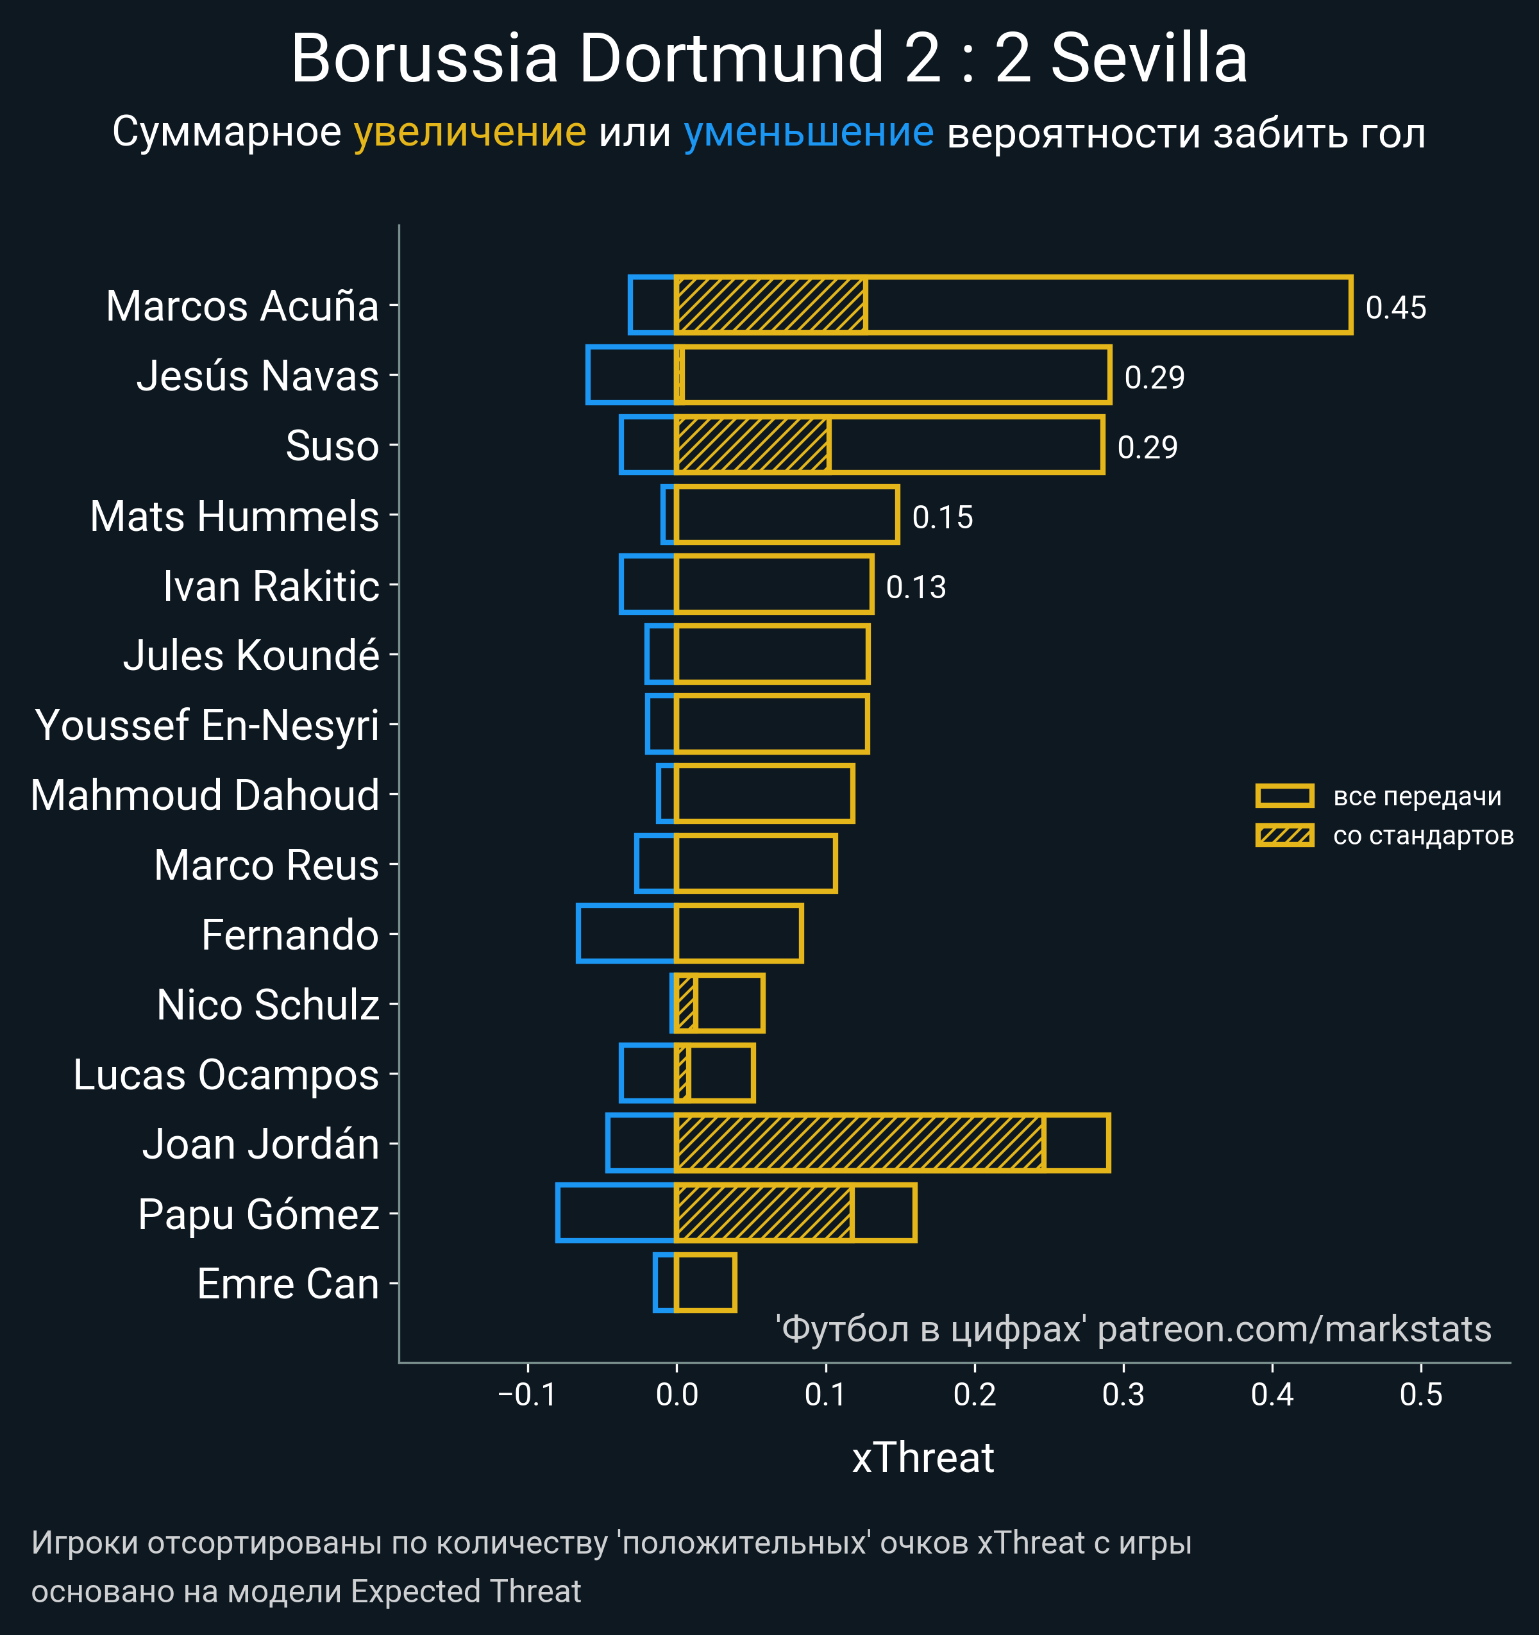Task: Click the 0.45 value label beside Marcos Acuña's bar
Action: click(1395, 308)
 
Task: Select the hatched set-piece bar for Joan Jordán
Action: click(859, 1143)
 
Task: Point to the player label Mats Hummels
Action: click(235, 517)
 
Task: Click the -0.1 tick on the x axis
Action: click(527, 1395)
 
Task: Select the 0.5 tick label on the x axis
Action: click(1420, 1395)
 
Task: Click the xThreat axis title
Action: click(923, 1458)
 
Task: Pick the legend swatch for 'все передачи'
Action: click(1284, 795)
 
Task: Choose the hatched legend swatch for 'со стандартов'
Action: click(1284, 835)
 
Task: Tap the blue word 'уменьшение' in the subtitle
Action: click(809, 133)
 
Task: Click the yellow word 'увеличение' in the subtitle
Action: click(469, 133)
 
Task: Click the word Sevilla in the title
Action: click(1149, 59)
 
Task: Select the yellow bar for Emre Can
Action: click(705, 1283)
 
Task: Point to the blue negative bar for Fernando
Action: click(626, 934)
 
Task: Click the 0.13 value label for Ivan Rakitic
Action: click(916, 587)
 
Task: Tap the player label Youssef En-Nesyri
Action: click(207, 725)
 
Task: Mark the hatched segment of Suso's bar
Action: click(752, 445)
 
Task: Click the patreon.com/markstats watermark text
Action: click(1294, 1330)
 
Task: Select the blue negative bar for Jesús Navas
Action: click(631, 375)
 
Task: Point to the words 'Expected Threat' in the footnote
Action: click(466, 1592)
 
